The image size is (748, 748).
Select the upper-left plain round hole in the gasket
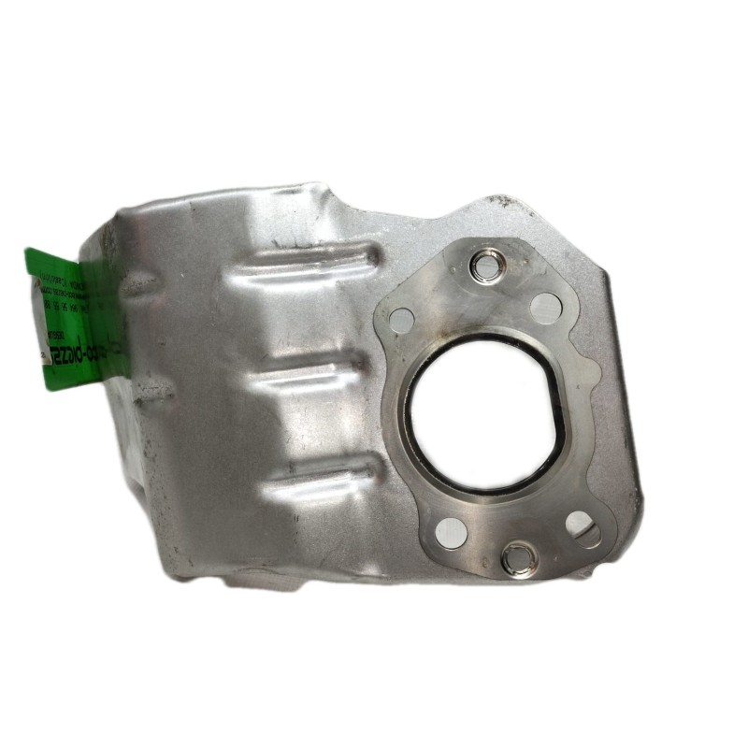[401, 317]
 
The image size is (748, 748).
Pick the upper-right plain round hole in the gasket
[543, 305]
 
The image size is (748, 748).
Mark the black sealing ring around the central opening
[408, 439]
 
